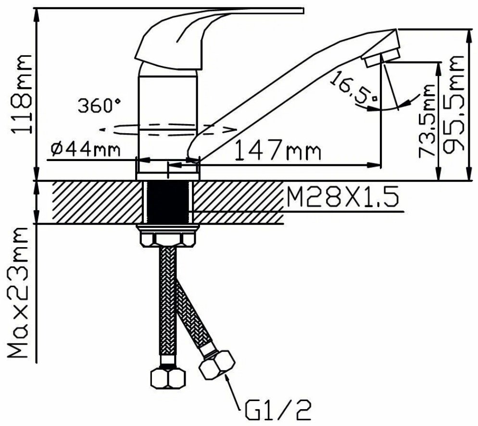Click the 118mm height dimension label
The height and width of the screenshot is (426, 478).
(21, 94)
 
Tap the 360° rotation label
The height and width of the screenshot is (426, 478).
(99, 105)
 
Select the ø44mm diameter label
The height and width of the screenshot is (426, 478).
(86, 150)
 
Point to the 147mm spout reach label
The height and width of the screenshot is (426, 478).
(278, 150)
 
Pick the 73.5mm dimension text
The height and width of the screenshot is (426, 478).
(427, 121)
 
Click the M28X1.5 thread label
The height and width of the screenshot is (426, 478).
(342, 196)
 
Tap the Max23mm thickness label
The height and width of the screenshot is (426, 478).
(18, 292)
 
